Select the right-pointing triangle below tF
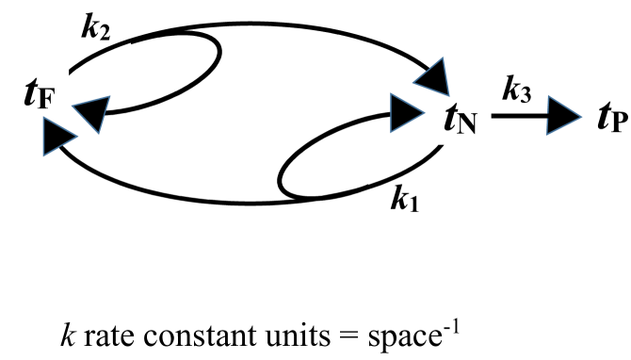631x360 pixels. [58, 139]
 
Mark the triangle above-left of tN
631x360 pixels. [432, 76]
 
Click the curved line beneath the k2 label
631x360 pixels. [98, 55]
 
